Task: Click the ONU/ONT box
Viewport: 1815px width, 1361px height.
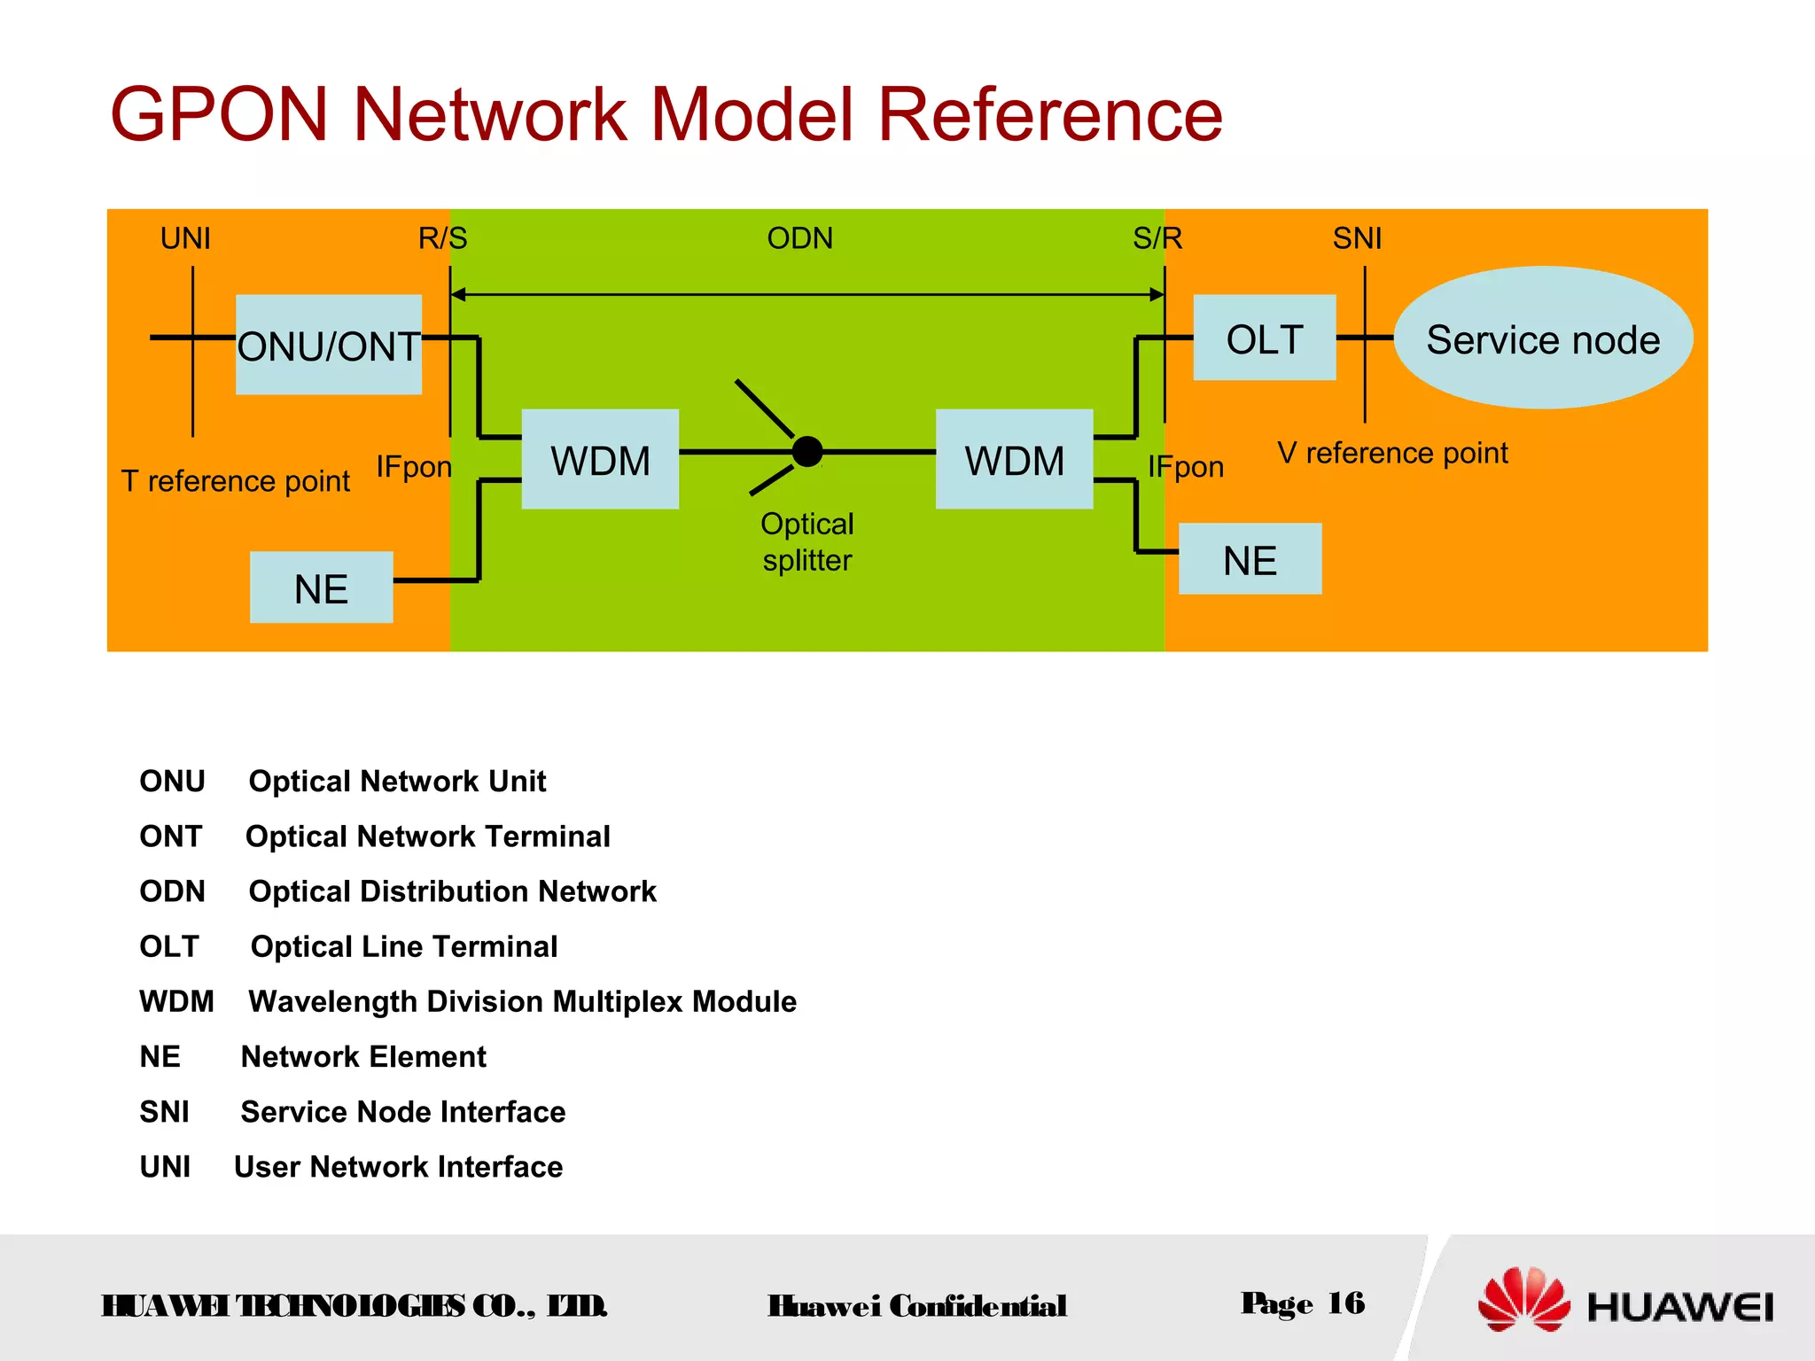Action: [x=328, y=345]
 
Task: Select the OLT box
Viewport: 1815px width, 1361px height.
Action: [x=1264, y=338]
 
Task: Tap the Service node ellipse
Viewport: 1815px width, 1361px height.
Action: [x=1542, y=338]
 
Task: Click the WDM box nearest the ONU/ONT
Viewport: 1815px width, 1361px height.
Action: [x=600, y=459]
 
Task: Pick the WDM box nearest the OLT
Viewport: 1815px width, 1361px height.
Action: [x=1014, y=459]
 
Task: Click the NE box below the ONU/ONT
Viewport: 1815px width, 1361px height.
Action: [x=321, y=587]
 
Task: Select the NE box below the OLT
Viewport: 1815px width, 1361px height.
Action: [x=1250, y=559]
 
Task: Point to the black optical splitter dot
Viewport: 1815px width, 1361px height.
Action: [x=807, y=451]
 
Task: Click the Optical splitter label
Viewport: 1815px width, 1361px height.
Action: [x=806, y=541]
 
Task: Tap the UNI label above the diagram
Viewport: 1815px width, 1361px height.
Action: [x=185, y=238]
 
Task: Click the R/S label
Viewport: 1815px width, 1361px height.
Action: [x=442, y=238]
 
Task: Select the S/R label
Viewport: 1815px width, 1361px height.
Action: [x=1157, y=238]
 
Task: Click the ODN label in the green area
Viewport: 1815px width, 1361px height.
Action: [x=799, y=238]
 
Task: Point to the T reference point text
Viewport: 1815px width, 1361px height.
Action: [x=236, y=481]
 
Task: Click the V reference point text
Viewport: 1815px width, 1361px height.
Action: [x=1392, y=453]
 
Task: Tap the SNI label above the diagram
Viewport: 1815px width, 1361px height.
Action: [x=1357, y=238]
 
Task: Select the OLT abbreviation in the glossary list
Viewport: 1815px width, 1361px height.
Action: [x=169, y=946]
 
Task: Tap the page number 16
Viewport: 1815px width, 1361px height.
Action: [x=1345, y=1303]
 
